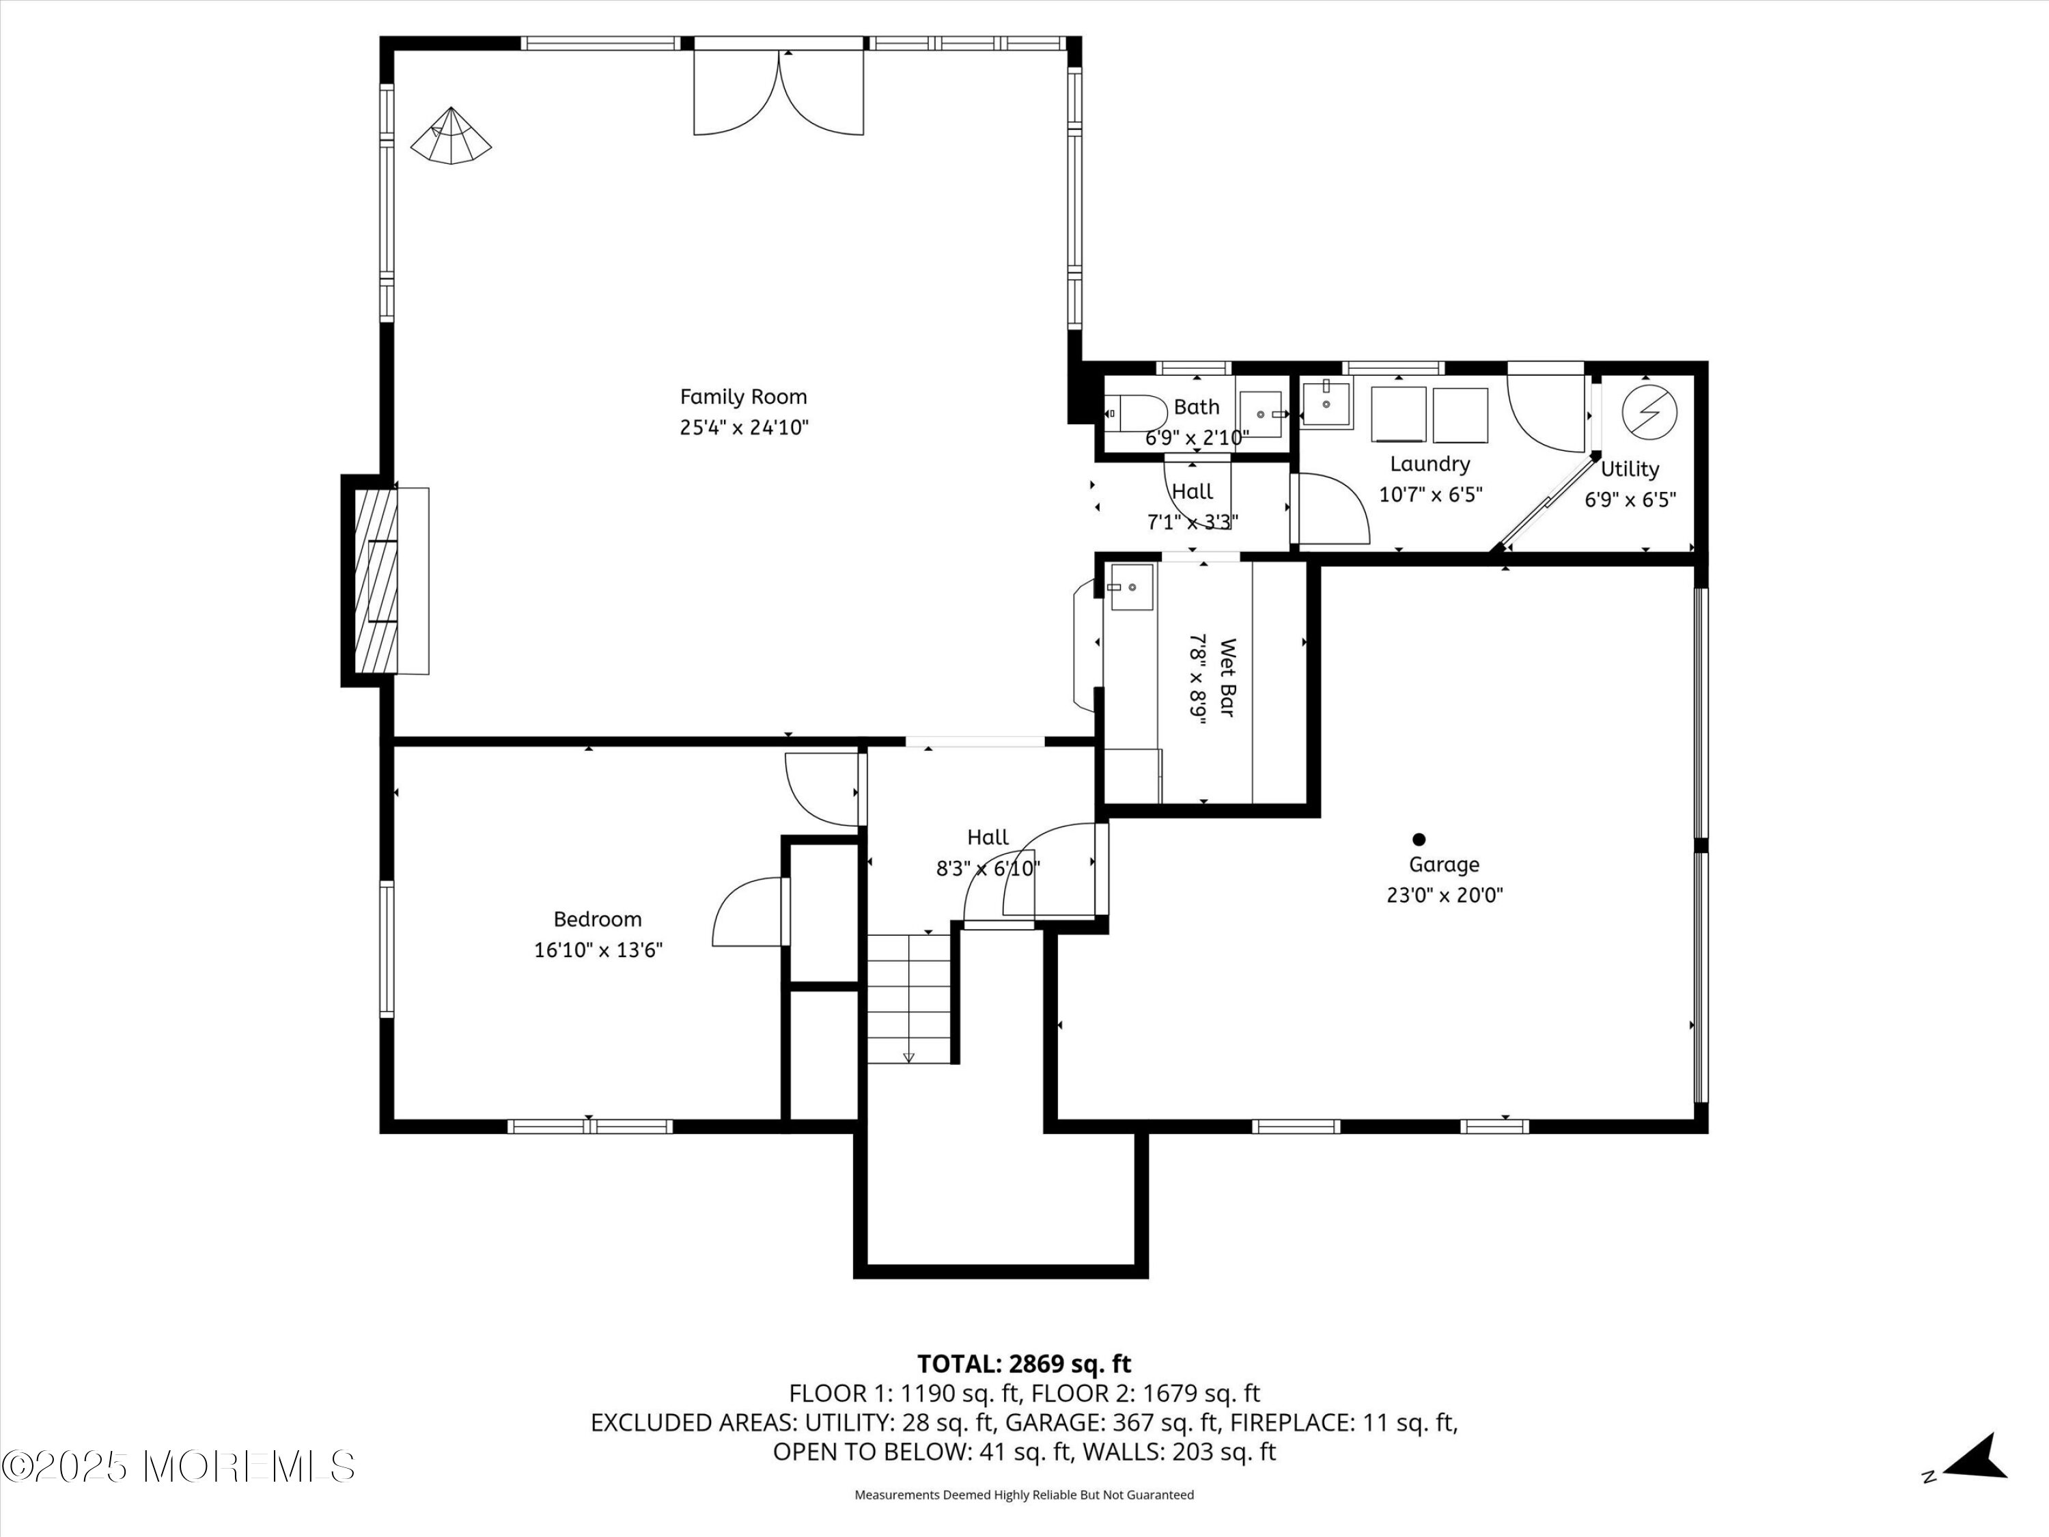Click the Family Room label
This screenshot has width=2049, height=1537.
[x=744, y=396]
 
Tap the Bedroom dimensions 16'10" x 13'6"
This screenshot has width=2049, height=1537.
[x=598, y=950]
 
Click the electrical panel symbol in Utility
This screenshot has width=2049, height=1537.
[x=1649, y=411]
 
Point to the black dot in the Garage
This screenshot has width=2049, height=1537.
[x=1418, y=840]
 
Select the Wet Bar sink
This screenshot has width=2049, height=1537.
[x=1130, y=587]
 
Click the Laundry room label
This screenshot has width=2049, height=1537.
[x=1430, y=464]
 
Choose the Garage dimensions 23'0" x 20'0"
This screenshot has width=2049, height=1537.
[x=1444, y=895]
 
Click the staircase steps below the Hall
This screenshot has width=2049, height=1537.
[x=908, y=999]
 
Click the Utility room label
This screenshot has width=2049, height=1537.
[x=1630, y=469]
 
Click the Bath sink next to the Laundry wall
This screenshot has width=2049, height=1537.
[x=1261, y=414]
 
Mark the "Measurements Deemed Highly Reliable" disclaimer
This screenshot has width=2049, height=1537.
[x=1024, y=1495]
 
